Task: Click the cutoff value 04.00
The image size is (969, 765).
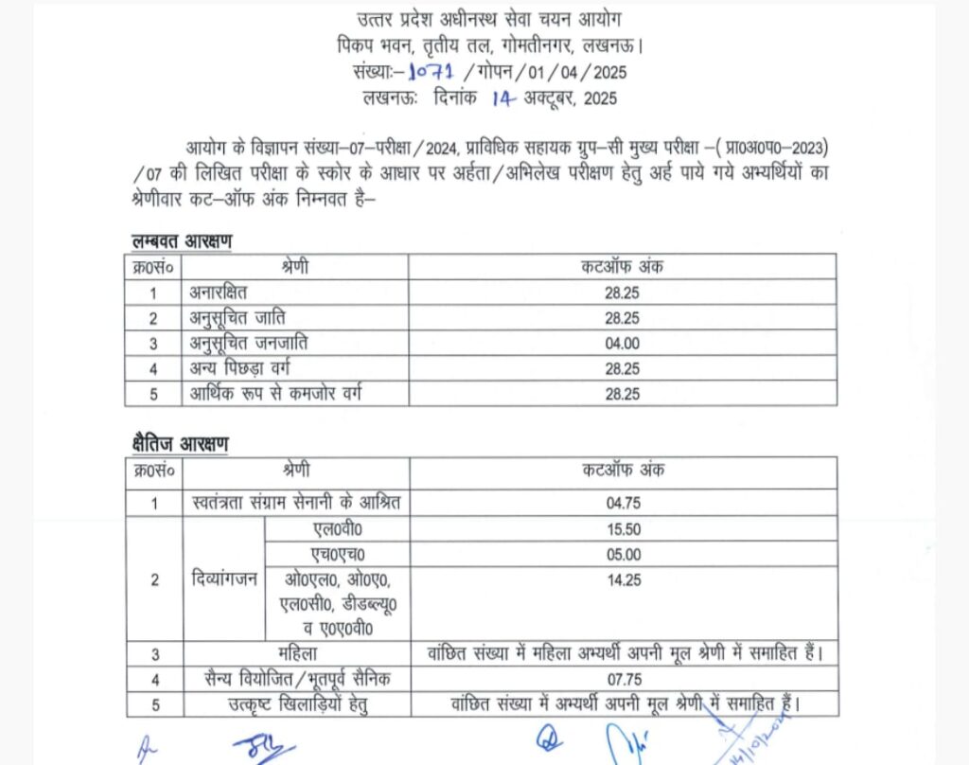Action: coord(622,343)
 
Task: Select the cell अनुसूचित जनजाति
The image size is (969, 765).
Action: coord(248,343)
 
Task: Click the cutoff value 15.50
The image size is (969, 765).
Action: coord(622,529)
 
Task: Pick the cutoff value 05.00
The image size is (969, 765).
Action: coord(622,554)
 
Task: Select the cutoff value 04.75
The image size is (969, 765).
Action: coord(622,504)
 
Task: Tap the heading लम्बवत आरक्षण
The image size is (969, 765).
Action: coord(182,241)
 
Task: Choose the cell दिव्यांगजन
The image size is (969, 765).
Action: coord(222,579)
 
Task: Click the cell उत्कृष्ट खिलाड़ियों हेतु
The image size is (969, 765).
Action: coord(297,704)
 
